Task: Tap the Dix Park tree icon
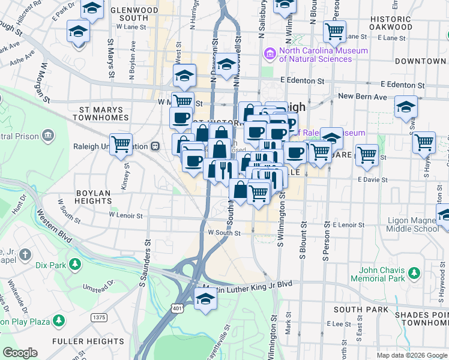[x=74, y=265]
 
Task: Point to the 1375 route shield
[x=99, y=317]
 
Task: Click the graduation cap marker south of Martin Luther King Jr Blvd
[x=205, y=298]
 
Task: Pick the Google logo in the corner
[x=20, y=353]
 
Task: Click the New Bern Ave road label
[x=362, y=97]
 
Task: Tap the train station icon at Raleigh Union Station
[x=155, y=146]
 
